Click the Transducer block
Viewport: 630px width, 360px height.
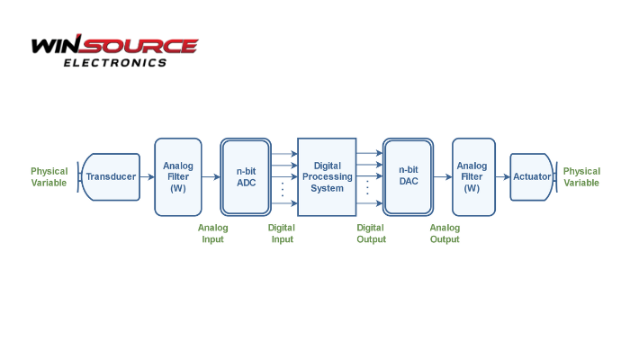112,176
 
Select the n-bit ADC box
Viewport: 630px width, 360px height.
246,176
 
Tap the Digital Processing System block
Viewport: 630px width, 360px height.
327,176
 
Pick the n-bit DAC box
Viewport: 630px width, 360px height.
409,176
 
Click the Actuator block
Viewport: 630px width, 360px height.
532,176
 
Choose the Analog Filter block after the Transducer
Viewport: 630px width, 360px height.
178,176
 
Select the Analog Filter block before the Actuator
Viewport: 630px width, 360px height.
472,176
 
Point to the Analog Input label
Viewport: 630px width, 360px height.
213,234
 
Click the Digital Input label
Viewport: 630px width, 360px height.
282,234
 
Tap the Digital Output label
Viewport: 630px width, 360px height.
371,234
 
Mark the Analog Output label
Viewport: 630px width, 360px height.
445,234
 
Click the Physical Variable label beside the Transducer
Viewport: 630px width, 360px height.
49,176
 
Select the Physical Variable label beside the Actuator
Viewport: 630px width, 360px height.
581,176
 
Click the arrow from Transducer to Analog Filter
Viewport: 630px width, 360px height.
148,176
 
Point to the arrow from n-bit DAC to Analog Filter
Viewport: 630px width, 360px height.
443,176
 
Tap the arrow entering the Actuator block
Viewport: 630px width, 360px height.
502,176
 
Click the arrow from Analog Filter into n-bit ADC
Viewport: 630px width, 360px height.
211,176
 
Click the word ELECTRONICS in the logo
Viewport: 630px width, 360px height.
114,63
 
